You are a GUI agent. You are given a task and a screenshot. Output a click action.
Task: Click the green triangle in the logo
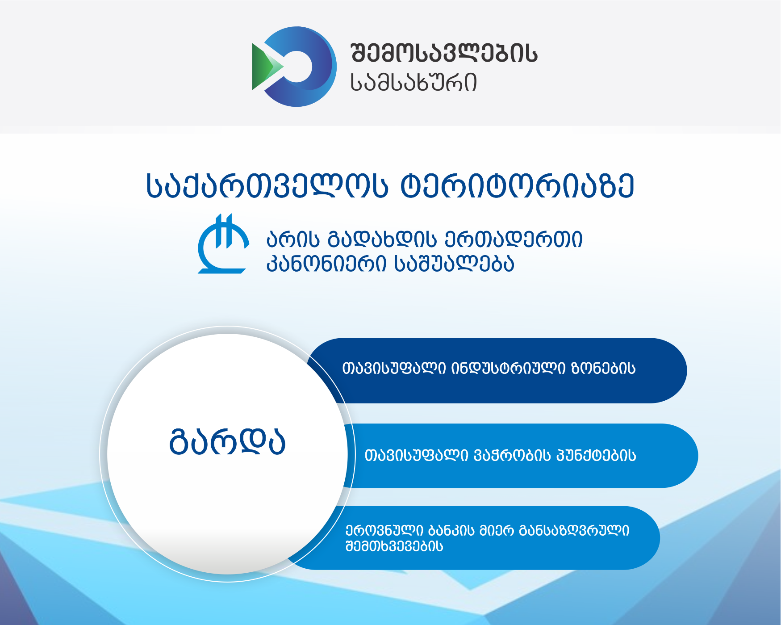tap(263, 67)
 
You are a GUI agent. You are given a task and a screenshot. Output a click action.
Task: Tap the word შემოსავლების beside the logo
tap(444, 54)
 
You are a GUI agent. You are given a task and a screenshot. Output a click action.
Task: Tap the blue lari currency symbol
tap(223, 244)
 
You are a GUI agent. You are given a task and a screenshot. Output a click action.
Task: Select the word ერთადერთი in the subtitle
tap(514, 239)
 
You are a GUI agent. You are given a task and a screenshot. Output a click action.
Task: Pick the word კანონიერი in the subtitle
tap(326, 264)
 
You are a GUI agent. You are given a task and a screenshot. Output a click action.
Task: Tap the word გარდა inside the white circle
tap(227, 442)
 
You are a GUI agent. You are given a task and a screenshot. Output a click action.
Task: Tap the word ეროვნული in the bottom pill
tap(384, 531)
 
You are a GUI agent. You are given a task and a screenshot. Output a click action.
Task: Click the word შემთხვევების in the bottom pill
tap(394, 546)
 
